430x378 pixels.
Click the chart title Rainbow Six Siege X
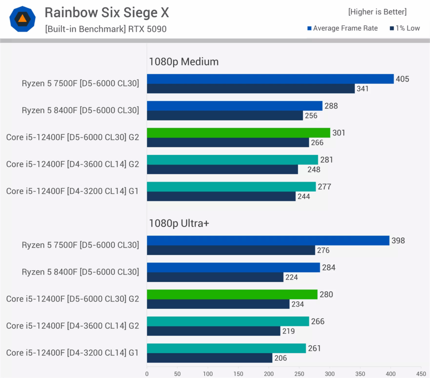pyautogui.click(x=107, y=13)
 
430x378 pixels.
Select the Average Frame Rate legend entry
pyautogui.click(x=342, y=28)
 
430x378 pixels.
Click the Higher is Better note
pyautogui.click(x=377, y=12)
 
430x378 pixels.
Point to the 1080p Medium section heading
pyautogui.click(x=184, y=62)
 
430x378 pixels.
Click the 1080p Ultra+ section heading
pyautogui.click(x=179, y=223)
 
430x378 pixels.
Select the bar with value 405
pyautogui.click(x=270, y=79)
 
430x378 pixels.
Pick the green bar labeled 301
pyautogui.click(x=238, y=133)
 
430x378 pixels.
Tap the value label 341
pyautogui.click(x=363, y=89)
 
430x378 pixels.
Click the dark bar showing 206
pyautogui.click(x=209, y=358)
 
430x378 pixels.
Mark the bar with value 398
pyautogui.click(x=268, y=240)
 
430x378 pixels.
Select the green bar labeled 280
pyautogui.click(x=232, y=295)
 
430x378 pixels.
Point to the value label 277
pyautogui.click(x=324, y=187)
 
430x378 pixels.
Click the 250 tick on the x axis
pyautogui.click(x=299, y=373)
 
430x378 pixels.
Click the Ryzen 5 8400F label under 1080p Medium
pyautogui.click(x=80, y=110)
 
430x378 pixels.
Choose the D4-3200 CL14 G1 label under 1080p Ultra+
pyautogui.click(x=72, y=353)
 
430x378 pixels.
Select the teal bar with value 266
pyautogui.click(x=228, y=321)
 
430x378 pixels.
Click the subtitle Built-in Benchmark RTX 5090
pyautogui.click(x=105, y=29)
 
